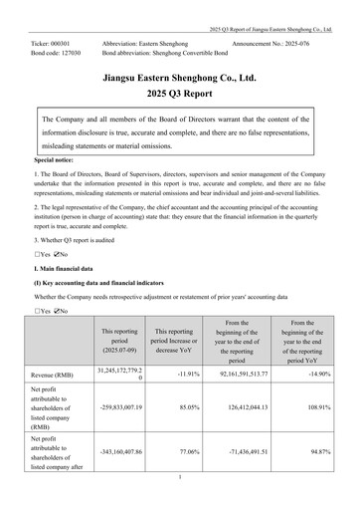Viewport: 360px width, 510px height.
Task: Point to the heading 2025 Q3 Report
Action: click(180, 97)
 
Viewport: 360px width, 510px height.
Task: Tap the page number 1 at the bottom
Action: click(180, 477)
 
